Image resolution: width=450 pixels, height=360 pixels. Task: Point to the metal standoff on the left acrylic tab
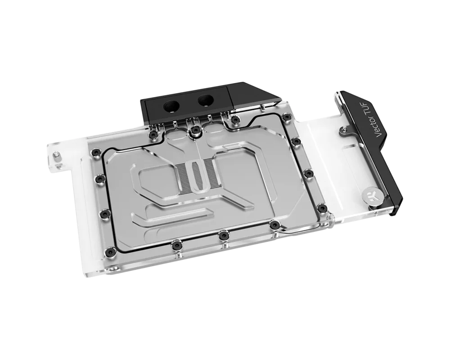(x=58, y=157)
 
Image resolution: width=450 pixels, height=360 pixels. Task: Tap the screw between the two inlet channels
(x=195, y=130)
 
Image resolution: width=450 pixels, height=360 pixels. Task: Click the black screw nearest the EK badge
(x=323, y=208)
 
